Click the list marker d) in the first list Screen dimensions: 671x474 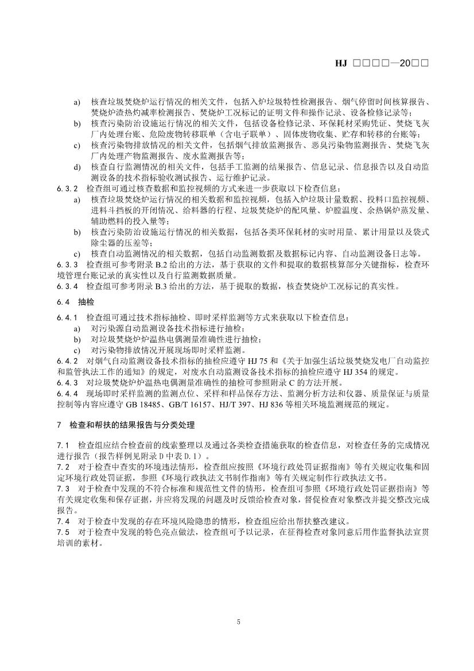pos(76,166)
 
